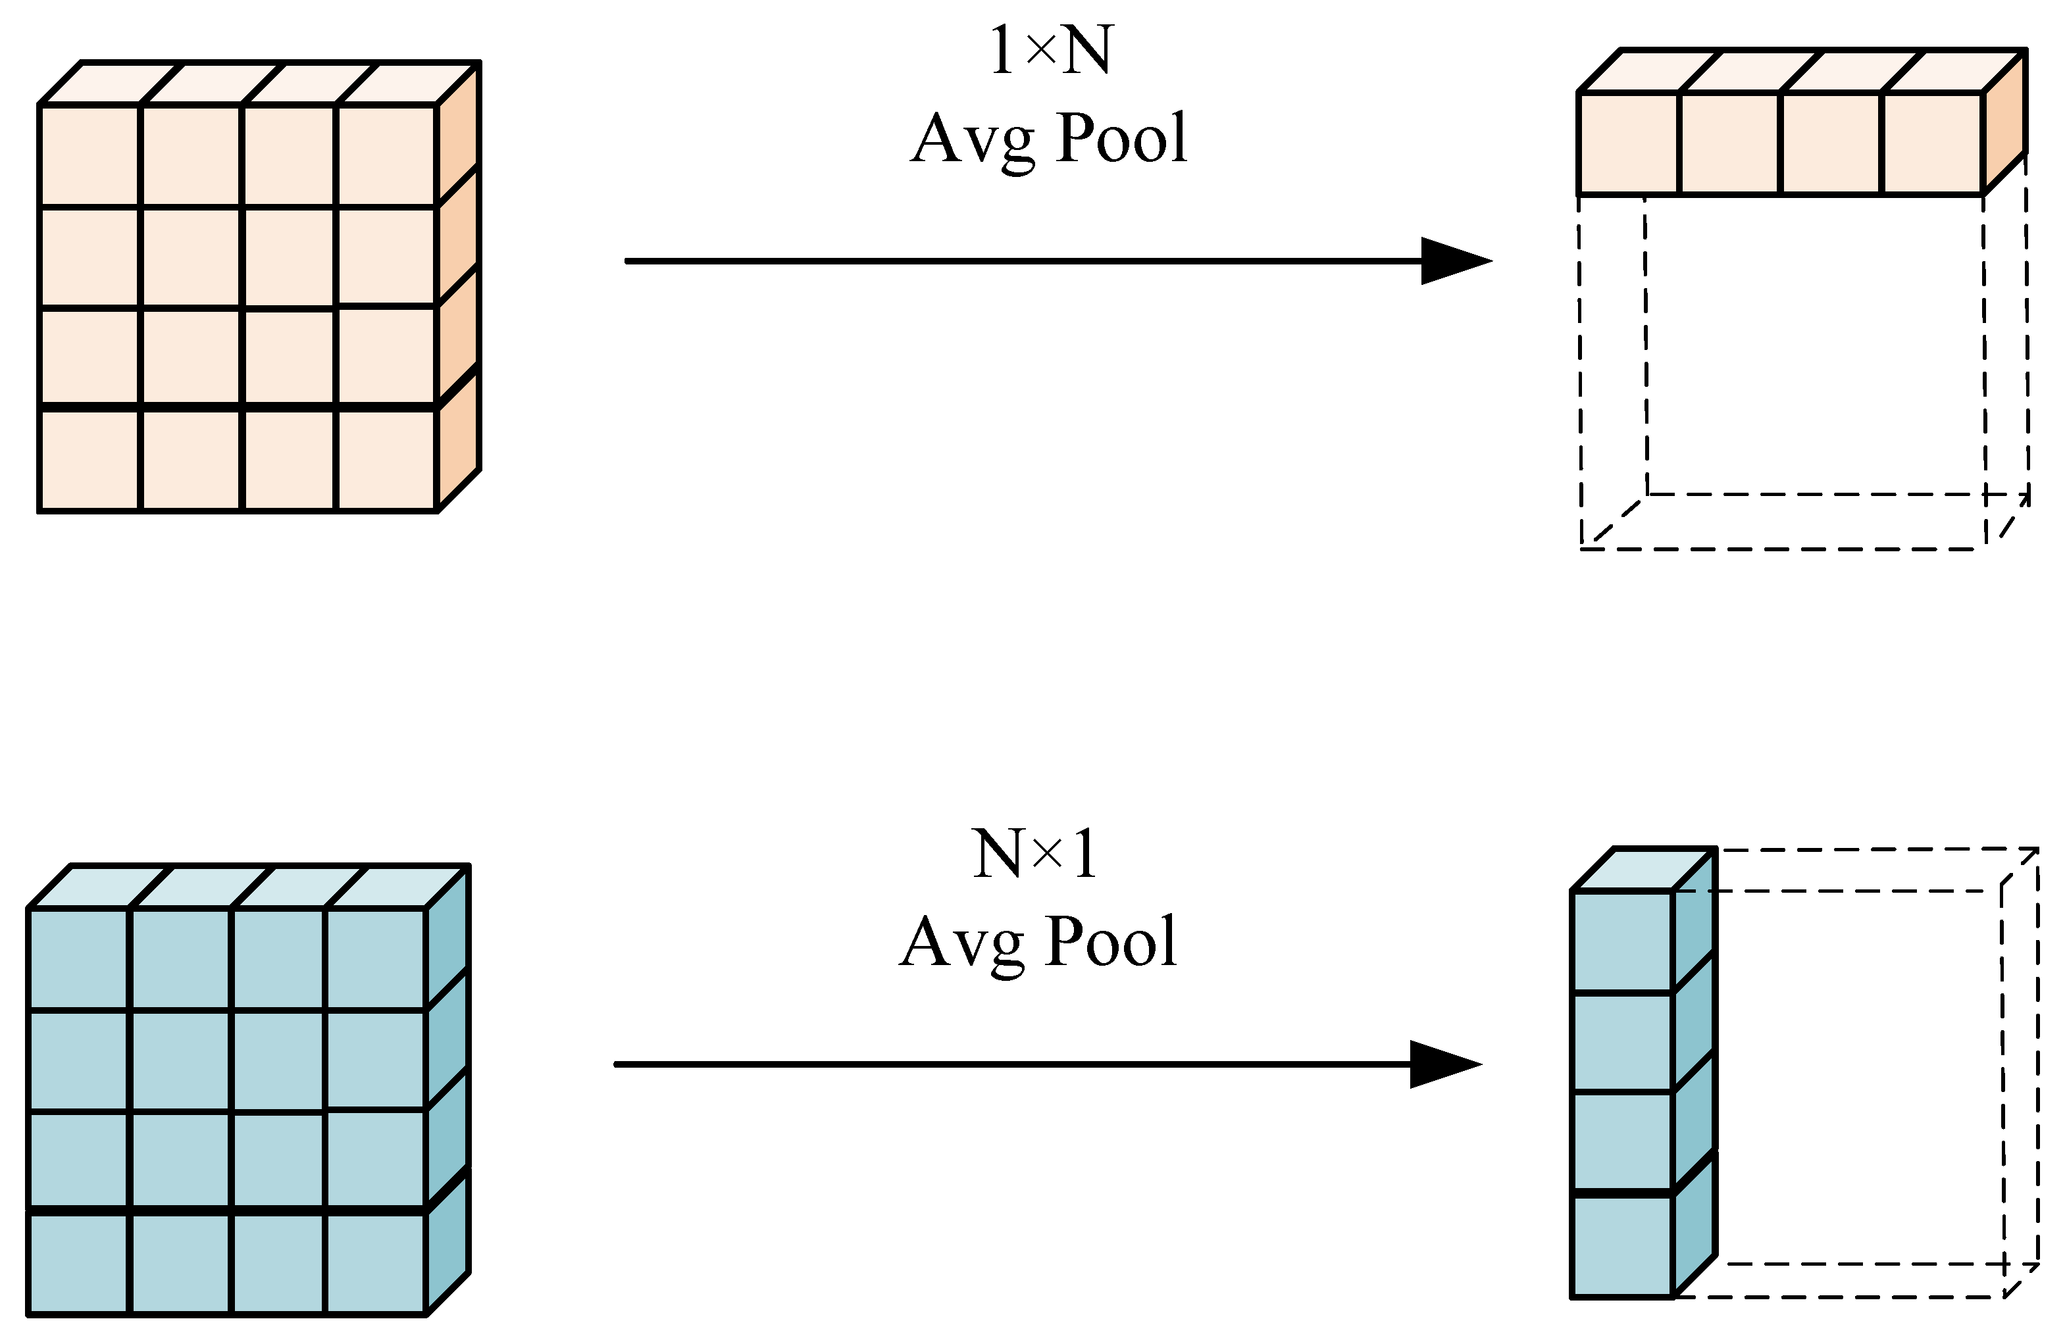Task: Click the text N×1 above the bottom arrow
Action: click(1035, 855)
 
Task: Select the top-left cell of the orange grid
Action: click(89, 155)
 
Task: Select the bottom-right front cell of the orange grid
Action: click(386, 460)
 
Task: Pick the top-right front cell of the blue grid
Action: click(375, 959)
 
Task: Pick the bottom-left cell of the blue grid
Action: click(78, 1262)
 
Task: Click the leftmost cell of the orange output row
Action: click(1629, 143)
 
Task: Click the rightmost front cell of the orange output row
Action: click(1932, 143)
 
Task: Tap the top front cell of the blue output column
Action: click(1621, 941)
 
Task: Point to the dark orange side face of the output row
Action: click(2004, 122)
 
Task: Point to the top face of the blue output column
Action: click(1643, 869)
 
